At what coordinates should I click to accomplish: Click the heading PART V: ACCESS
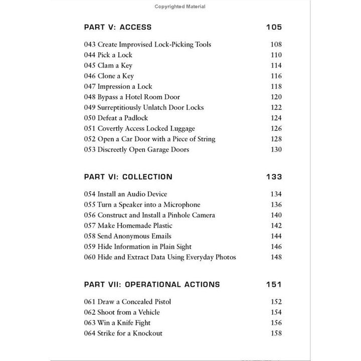(117, 27)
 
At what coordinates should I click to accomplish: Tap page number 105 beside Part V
(274, 27)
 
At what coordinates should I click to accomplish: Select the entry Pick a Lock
(116, 55)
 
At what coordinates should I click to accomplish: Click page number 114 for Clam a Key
(276, 66)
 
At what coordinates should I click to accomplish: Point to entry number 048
(90, 97)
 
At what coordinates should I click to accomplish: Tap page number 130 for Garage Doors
(276, 150)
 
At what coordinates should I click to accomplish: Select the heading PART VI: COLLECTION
(128, 177)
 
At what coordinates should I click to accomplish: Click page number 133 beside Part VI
(274, 177)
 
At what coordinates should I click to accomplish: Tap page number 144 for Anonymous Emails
(276, 236)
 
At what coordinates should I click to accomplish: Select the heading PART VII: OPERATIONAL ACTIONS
(151, 284)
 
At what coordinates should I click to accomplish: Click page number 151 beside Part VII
(274, 284)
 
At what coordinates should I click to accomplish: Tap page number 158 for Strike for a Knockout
(276, 333)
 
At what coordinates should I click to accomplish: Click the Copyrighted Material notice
(180, 7)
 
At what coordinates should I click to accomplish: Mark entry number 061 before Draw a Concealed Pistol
(90, 302)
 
